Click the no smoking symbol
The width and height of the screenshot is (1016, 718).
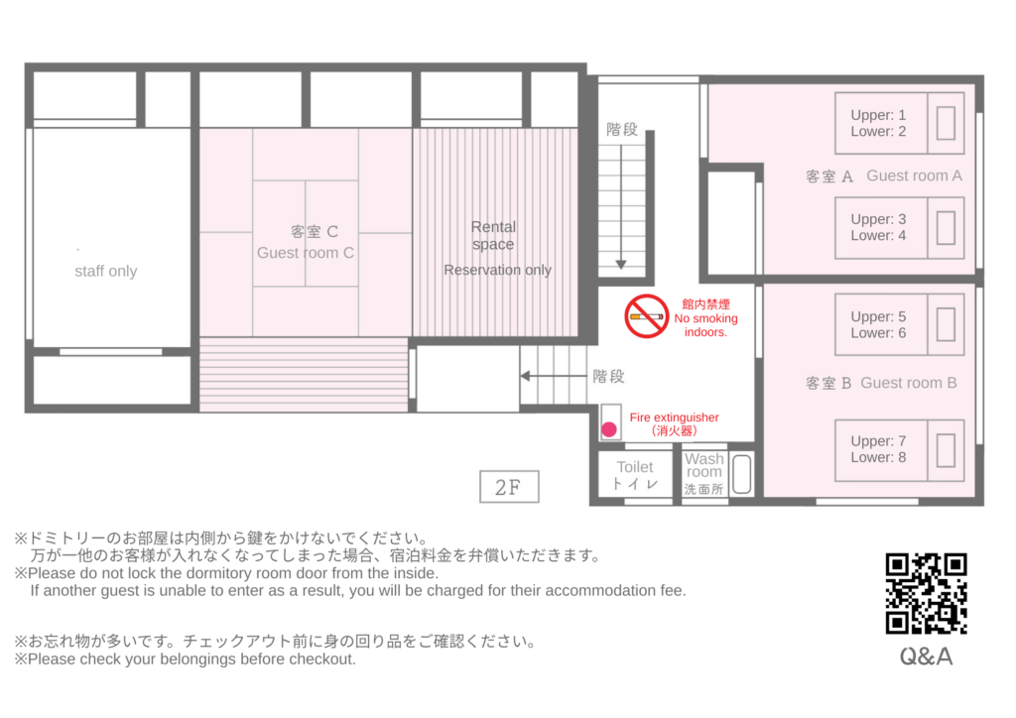tap(647, 316)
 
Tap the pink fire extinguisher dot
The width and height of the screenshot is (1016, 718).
tap(609, 429)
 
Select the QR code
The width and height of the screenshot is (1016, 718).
tap(926, 594)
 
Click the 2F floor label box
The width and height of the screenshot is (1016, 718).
tap(509, 487)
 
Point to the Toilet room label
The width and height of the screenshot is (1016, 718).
tap(635, 475)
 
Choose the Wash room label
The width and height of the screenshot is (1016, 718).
tap(703, 474)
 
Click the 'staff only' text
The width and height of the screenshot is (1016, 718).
tap(105, 272)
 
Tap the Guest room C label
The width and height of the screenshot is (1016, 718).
tap(306, 242)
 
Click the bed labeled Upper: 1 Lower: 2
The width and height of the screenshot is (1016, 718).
tap(899, 123)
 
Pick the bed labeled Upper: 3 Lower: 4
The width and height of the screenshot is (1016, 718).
tap(899, 228)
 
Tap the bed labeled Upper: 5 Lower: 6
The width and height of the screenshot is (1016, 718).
tap(899, 324)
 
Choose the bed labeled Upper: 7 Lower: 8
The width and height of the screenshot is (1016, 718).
tap(899, 450)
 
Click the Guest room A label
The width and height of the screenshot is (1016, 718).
tap(884, 177)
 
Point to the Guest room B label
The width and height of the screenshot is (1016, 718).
tap(881, 383)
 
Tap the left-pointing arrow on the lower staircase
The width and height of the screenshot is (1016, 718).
tap(554, 376)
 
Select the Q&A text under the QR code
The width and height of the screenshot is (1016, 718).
tap(926, 658)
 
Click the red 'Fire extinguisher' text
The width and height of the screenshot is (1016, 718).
tap(674, 418)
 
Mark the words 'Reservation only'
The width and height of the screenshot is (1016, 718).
tap(498, 270)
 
